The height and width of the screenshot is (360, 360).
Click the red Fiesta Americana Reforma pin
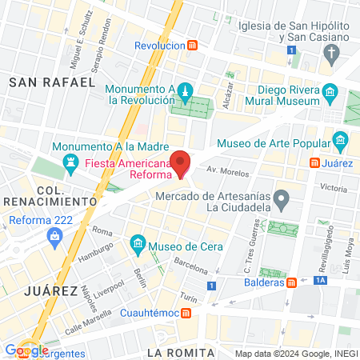[x=181, y=162]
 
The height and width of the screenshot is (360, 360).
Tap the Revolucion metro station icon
[x=192, y=46]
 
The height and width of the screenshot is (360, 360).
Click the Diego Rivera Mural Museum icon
[x=330, y=97]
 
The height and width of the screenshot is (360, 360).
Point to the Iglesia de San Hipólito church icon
[x=332, y=54]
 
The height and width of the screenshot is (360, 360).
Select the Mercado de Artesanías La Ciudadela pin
[x=280, y=197]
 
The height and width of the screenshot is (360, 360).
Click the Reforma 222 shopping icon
[x=54, y=235]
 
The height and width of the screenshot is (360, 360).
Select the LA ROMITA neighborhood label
[x=182, y=352]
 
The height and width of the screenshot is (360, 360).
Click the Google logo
[x=26, y=350]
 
